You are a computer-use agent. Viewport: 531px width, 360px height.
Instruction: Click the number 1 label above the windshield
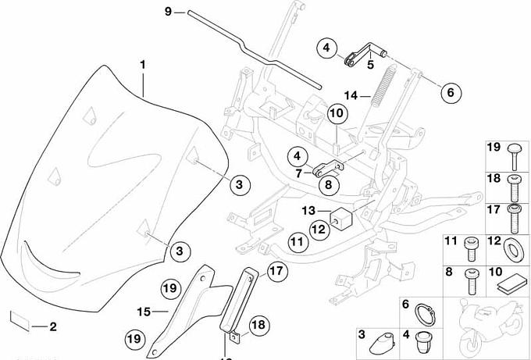[144, 62]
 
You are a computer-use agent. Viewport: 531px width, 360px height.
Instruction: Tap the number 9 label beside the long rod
[167, 12]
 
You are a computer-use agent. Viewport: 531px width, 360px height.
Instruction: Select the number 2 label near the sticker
[52, 326]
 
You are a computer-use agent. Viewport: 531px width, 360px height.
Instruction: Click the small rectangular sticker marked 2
[19, 319]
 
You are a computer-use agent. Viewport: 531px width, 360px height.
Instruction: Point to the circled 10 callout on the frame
[336, 114]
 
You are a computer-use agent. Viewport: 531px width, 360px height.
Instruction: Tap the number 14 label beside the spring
[352, 95]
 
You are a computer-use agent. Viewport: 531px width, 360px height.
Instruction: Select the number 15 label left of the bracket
[143, 312]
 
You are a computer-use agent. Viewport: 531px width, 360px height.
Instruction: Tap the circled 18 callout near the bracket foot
[258, 324]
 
